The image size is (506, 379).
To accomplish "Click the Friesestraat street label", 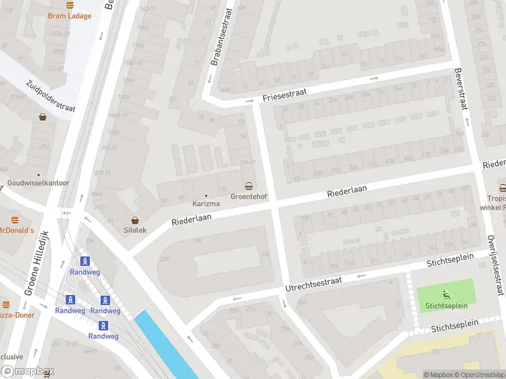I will click(x=285, y=95).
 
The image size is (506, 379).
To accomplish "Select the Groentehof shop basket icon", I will click(x=249, y=186).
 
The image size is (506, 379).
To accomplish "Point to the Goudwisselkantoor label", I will click(x=38, y=183).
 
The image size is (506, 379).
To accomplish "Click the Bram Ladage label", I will click(x=70, y=16).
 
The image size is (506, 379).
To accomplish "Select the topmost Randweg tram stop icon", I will click(x=84, y=261).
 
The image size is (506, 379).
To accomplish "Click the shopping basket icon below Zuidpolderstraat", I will click(x=42, y=117).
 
